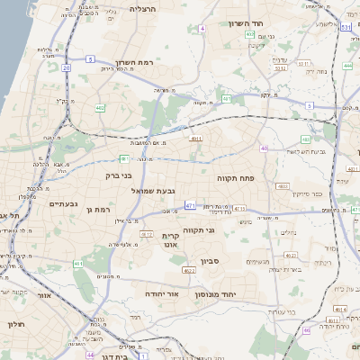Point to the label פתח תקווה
pos(237,178)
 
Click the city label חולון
pos(13,324)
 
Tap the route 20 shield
pos(67,67)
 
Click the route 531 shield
pos(346,28)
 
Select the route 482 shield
pos(100,108)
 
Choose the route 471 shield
pos(190,205)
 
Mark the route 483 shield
pos(306,139)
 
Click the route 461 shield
pos(79,264)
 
